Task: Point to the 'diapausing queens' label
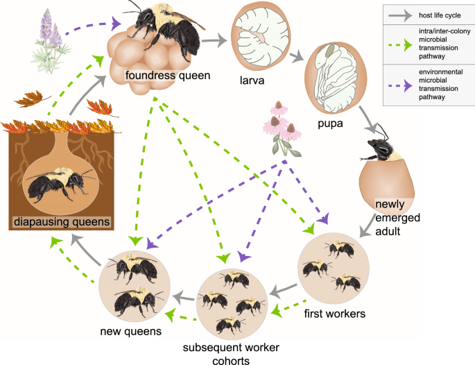click(x=60, y=221)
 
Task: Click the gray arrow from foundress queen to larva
click(x=218, y=42)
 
